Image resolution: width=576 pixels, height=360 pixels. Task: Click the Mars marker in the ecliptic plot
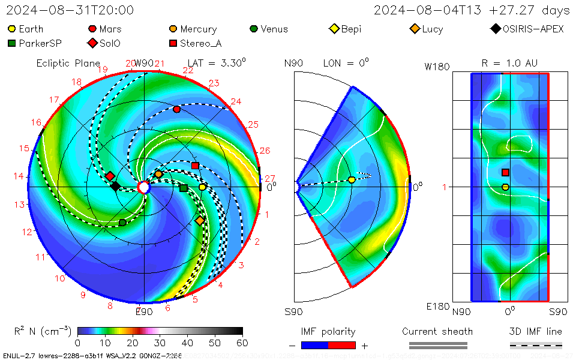pos(176,109)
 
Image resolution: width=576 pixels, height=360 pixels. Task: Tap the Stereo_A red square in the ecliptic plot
pos(195,165)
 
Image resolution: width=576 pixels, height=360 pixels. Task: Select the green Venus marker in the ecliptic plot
pos(122,223)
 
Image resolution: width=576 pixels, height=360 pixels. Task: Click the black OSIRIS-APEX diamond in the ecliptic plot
pos(115,186)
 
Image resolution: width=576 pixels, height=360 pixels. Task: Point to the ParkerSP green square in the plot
pos(184,188)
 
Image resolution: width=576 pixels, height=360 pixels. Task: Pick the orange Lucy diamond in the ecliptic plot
pos(200,221)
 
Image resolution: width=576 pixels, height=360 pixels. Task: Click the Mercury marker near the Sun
pos(158,174)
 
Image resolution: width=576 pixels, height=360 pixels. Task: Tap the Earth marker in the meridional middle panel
pos(352,179)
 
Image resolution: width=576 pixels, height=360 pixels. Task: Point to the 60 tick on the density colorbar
pos(242,343)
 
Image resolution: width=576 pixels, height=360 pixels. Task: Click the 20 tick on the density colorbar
pos(132,343)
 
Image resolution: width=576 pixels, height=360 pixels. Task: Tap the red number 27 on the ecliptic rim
pos(269,178)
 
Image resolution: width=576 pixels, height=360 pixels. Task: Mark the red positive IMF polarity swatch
pos(343,345)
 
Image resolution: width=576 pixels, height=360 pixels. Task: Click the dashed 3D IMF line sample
pos(536,345)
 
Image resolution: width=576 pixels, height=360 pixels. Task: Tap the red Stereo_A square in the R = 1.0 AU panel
pos(506,172)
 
